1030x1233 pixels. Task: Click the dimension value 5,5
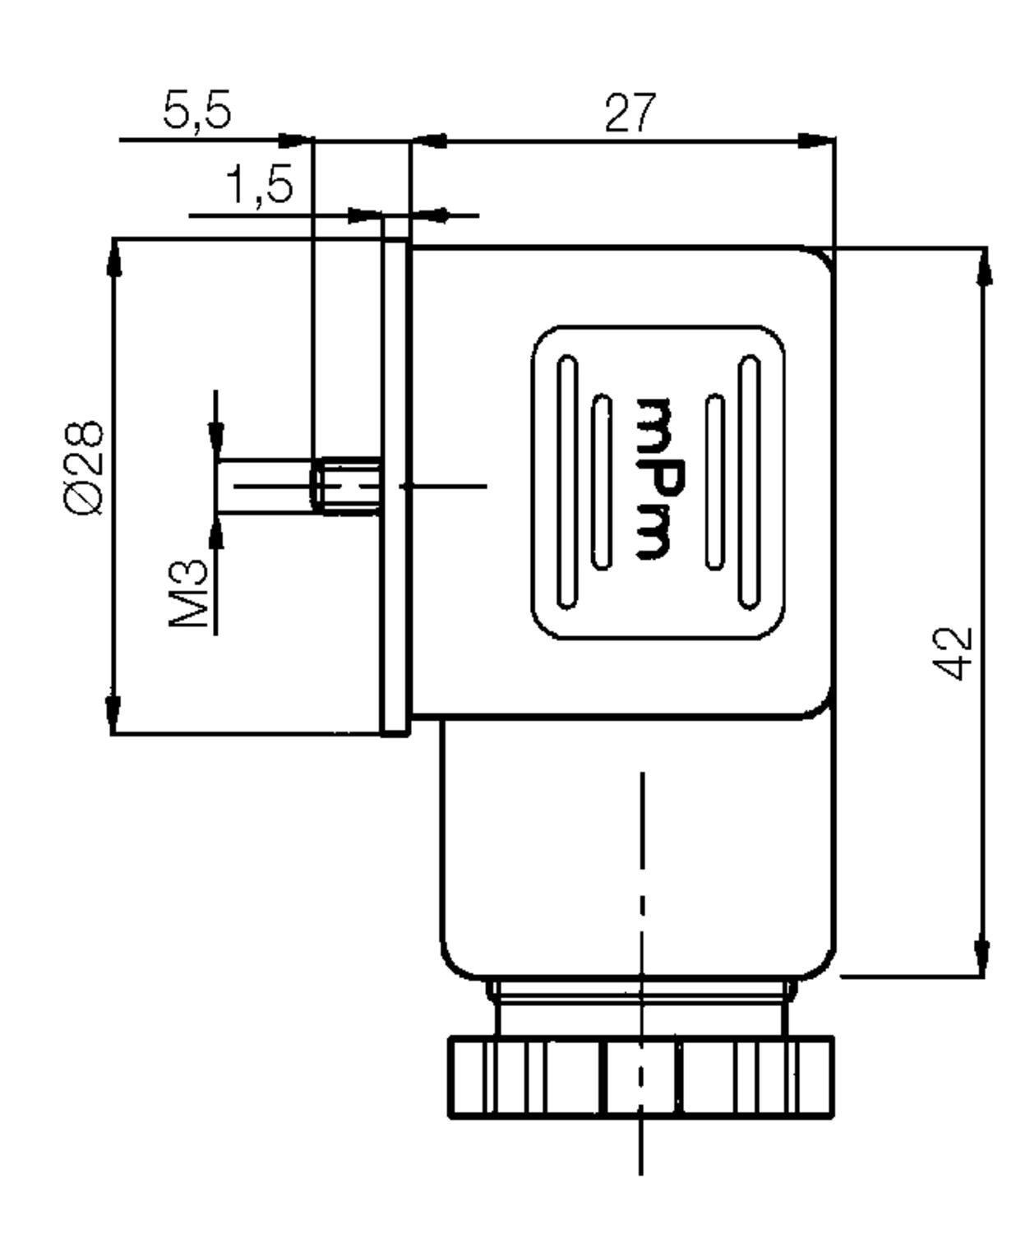196,110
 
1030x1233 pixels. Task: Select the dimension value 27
630,112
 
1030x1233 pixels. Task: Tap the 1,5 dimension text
259,185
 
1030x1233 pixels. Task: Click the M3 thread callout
189,593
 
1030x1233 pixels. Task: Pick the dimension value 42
952,653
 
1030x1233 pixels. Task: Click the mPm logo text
660,478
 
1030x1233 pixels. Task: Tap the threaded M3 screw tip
345,486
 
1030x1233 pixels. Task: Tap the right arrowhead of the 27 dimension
816,141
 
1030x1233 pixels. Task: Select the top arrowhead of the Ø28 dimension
114,257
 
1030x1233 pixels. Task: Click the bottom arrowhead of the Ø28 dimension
113,715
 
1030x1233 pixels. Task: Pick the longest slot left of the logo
567,481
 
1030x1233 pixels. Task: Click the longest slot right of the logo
750,481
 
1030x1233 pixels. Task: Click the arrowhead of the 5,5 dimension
295,140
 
